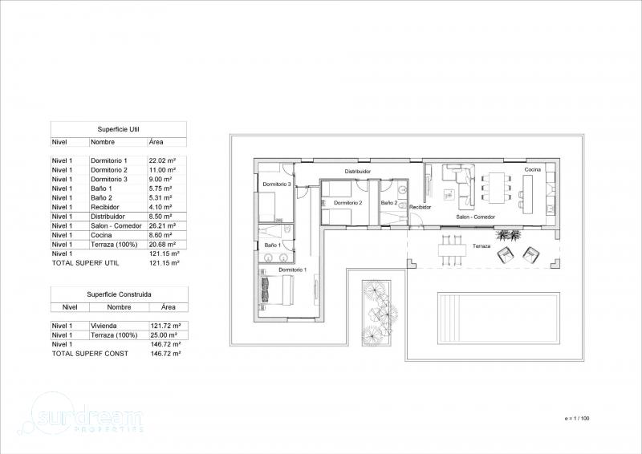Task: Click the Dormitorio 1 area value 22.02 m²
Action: (x=163, y=161)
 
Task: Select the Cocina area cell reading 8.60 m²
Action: (x=160, y=235)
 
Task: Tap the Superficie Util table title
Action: (x=118, y=129)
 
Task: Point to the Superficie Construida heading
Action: (x=119, y=294)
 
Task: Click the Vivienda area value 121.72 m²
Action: (x=166, y=326)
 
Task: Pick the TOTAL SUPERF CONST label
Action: (x=90, y=354)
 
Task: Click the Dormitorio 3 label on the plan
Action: (x=277, y=184)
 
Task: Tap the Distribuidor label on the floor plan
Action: (x=358, y=172)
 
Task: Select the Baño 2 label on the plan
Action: (x=389, y=203)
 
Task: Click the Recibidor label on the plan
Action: (x=421, y=207)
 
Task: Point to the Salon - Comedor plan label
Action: (x=476, y=217)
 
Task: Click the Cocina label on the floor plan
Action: (x=533, y=169)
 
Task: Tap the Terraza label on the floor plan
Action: (x=481, y=246)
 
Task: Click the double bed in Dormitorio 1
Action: (x=276, y=290)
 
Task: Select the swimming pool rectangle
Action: (x=498, y=316)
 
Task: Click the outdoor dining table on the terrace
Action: (x=453, y=249)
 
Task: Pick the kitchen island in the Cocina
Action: (x=528, y=194)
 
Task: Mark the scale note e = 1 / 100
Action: (x=577, y=419)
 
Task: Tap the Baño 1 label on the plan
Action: (x=273, y=245)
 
